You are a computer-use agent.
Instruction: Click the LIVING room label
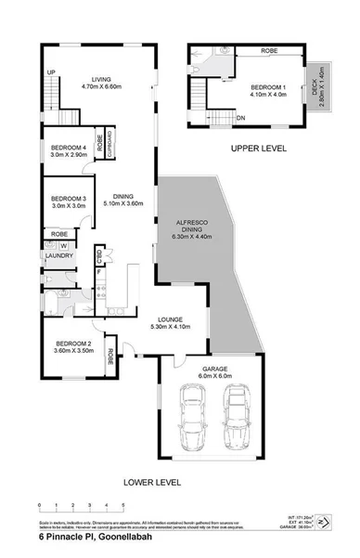coord(94,79)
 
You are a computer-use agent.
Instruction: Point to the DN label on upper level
coord(215,118)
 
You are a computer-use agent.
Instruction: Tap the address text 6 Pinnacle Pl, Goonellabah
coord(86,537)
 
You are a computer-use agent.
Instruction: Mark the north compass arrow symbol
coord(321,524)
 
